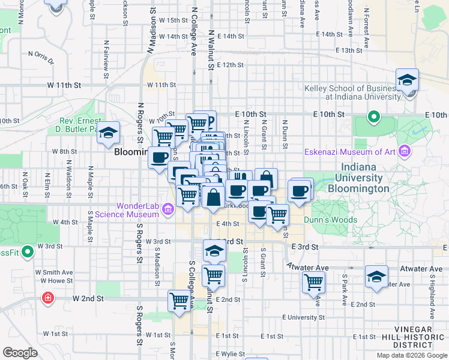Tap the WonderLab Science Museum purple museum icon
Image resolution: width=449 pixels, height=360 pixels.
coord(167,209)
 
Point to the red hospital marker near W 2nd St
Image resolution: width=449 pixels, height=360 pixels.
coord(47,298)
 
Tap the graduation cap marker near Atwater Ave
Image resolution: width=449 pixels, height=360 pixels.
coord(376,277)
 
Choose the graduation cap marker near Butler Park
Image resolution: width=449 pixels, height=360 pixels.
coord(108,133)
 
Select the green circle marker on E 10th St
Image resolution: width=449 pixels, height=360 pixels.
coord(373,116)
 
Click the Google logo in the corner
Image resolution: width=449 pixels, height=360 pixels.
coord(20,353)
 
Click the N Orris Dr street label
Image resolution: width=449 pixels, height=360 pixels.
coord(41,57)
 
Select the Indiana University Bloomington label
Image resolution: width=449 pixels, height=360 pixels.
coord(363,178)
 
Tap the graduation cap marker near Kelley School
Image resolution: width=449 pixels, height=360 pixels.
coord(407,80)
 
